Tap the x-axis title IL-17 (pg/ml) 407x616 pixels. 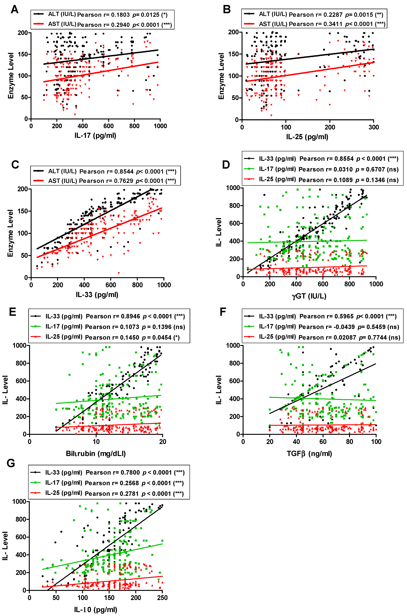tap(95, 135)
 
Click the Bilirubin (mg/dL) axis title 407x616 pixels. tap(96, 453)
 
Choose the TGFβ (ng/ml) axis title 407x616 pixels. tap(309, 453)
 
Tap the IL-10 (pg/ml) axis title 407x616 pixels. tap(96, 609)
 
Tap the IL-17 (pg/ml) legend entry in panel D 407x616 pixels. tap(277, 169)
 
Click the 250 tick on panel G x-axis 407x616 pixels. tap(162, 598)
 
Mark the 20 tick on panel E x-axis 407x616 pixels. tap(163, 441)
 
